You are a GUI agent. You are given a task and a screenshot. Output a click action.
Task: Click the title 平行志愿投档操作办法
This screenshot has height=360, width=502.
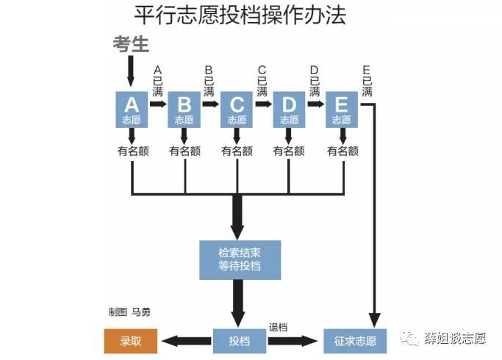240,15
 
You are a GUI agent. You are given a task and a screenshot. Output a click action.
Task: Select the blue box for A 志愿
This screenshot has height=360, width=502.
132,109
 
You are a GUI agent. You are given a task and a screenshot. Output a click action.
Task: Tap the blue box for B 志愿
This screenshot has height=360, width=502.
184,109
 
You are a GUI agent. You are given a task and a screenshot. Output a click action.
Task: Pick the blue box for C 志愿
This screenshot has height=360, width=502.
237,109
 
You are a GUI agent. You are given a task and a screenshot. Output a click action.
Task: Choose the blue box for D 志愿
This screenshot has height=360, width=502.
289,109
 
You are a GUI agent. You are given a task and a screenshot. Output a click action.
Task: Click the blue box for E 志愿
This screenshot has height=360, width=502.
341,109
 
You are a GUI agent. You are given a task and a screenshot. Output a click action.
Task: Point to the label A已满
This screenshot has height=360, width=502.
157,79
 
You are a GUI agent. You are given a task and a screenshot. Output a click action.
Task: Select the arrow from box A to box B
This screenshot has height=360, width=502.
159,104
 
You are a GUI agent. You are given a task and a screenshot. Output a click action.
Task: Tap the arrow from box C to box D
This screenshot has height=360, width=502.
263,104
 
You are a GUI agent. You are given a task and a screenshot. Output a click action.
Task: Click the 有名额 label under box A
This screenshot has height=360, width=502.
132,151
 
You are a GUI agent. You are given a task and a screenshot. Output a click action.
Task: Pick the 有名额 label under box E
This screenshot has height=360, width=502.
343,151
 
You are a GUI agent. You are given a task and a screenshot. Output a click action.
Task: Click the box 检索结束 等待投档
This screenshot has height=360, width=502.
240,259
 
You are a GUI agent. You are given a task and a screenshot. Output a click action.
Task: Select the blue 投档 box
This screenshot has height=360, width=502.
240,341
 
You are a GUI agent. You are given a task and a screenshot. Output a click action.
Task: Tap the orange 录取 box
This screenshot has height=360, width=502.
130,341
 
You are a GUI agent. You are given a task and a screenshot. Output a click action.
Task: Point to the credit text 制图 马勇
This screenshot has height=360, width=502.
129,312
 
